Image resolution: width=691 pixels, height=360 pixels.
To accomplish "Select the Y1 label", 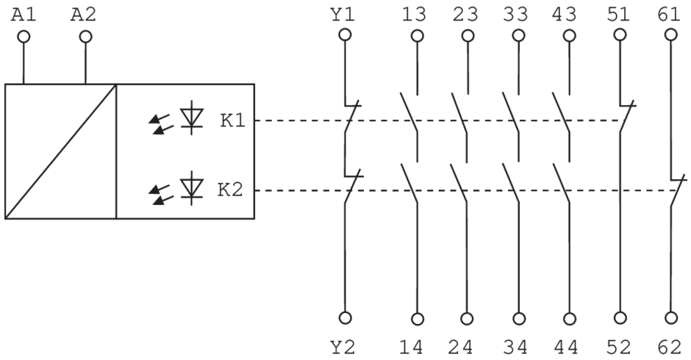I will point(344,15).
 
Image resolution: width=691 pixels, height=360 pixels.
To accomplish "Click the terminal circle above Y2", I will point(344,318).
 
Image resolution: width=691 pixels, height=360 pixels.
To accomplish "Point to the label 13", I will point(418,15).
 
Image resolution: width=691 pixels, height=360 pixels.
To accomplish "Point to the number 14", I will point(418,345).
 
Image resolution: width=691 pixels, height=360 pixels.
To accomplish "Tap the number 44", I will point(569,345).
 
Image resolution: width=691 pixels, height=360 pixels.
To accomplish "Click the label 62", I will point(671,345).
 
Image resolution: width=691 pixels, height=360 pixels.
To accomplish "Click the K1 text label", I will point(232,120).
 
